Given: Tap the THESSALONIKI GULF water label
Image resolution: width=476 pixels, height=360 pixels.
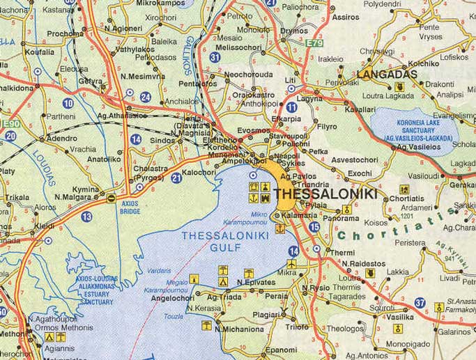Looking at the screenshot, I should (x=220, y=242).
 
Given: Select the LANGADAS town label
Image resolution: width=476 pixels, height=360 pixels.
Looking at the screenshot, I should (x=387, y=74).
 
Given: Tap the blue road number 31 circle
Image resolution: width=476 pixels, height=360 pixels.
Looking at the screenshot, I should (x=216, y=57).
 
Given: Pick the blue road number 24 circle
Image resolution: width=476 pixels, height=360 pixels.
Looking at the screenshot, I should (x=146, y=97).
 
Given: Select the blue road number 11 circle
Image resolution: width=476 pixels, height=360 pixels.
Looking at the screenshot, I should (x=291, y=107).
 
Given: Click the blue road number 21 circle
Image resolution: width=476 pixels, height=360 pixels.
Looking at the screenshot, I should (x=176, y=179).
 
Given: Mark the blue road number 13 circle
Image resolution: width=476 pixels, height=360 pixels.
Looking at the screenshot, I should (x=86, y=217).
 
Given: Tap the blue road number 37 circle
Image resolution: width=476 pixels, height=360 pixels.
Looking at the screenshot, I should (x=420, y=302).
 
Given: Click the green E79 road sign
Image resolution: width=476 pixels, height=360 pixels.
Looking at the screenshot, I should (x=315, y=43).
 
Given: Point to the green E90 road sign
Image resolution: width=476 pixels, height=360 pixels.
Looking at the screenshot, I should (x=9, y=124).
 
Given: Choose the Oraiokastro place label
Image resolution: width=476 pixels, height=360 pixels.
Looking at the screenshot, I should (x=249, y=95).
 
